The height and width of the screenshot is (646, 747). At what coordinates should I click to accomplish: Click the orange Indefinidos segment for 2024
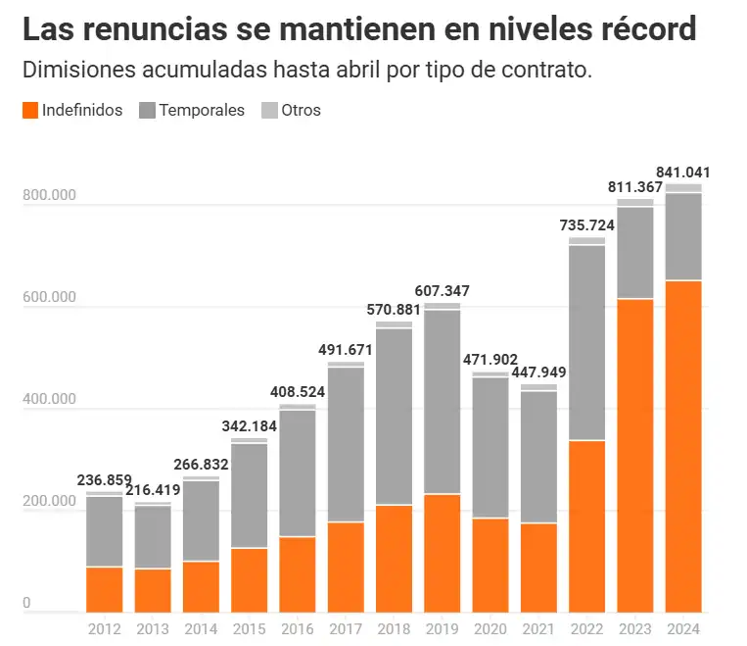[683, 446]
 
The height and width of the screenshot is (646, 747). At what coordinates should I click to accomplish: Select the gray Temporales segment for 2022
[587, 342]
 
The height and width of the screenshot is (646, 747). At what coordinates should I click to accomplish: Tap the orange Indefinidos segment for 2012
[105, 589]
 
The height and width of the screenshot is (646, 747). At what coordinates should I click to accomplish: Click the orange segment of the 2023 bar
[635, 455]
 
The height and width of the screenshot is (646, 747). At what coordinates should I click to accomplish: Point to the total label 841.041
[683, 173]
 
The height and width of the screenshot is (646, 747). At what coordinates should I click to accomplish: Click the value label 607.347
[444, 291]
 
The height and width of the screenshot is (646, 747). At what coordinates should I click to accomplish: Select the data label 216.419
[154, 491]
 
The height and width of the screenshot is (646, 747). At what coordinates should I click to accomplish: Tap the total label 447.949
[539, 373]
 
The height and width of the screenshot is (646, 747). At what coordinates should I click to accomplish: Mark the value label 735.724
[587, 225]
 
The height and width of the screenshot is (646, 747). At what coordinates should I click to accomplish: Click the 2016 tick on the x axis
[298, 628]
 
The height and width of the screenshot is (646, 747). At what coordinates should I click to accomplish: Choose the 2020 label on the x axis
[490, 628]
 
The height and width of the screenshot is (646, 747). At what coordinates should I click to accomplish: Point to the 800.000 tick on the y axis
[49, 195]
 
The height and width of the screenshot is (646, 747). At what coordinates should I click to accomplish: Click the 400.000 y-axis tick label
[49, 399]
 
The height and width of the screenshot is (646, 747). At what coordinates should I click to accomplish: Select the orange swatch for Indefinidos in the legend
[29, 111]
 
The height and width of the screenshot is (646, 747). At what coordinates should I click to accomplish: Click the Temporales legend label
[202, 111]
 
